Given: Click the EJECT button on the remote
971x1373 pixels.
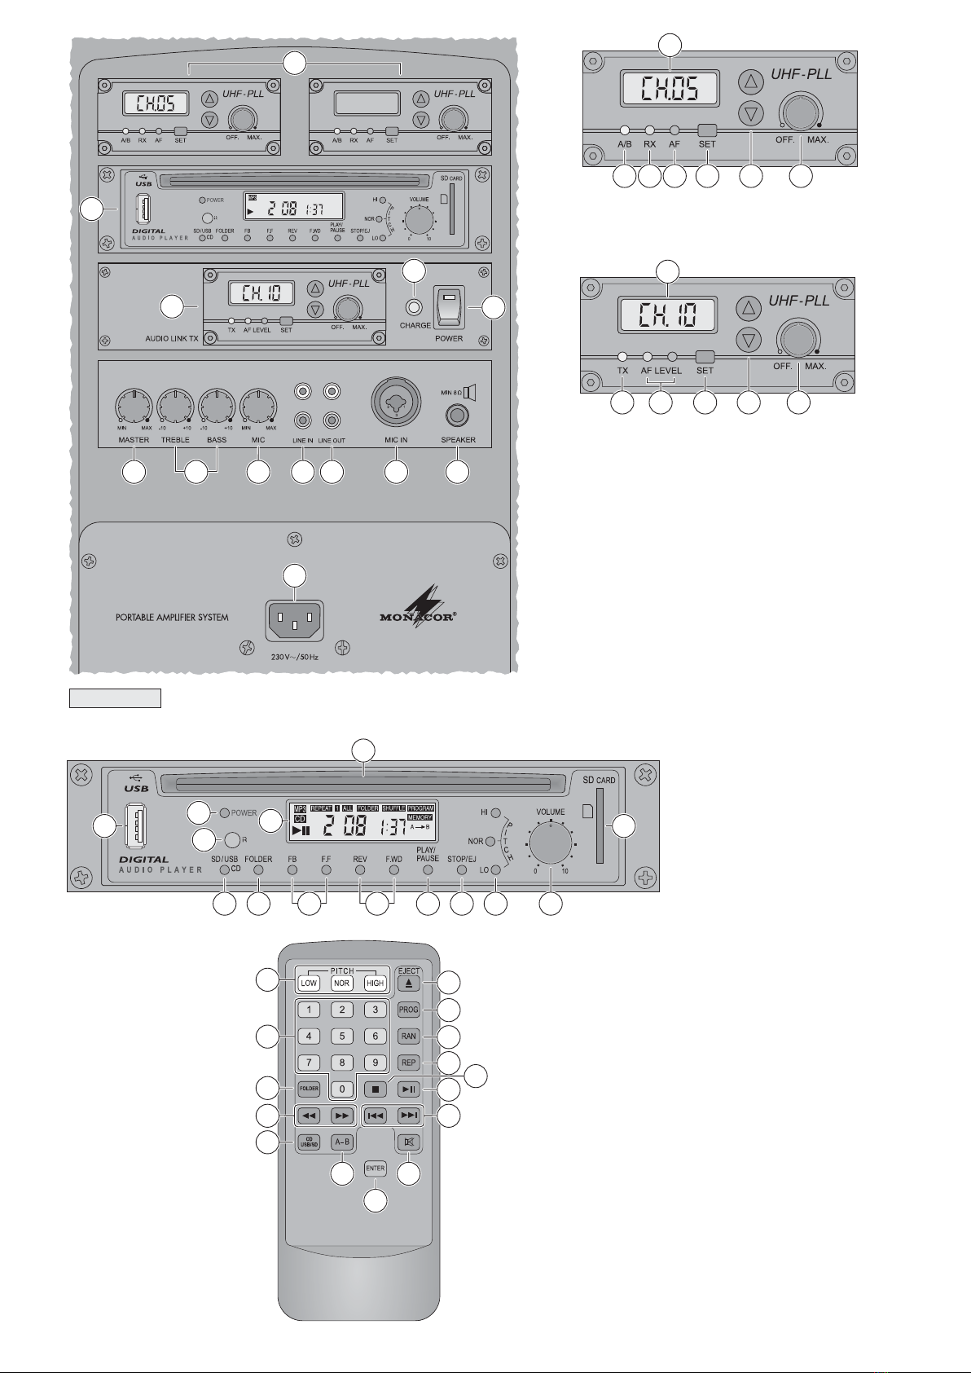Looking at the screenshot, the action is pos(408,983).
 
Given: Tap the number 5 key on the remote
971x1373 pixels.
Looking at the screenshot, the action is pos(342,1036).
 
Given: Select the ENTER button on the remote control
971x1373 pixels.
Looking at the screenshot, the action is pos(375,1168).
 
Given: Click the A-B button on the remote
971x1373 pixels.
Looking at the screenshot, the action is pos(342,1142).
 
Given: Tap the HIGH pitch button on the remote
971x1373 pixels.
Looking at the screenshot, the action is pos(375,983).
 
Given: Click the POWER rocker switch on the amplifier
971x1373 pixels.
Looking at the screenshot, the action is pos(449,307).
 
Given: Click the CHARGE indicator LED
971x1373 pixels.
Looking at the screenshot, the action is pos(415,307).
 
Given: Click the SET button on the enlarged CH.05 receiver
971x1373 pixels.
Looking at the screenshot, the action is pos(707,130).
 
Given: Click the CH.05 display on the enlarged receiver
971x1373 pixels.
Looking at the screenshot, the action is pos(669,87).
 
